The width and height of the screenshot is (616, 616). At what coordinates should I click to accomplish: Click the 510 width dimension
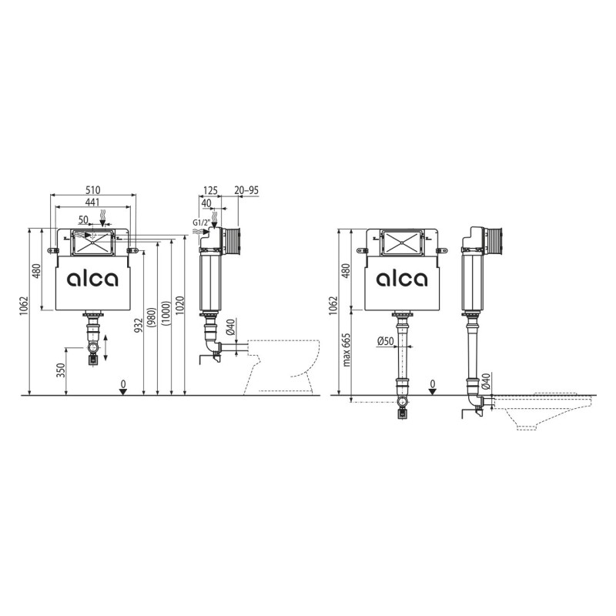click(93, 190)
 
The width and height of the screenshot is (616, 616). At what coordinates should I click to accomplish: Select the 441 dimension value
click(92, 202)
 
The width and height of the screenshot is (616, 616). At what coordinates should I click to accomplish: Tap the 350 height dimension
click(61, 370)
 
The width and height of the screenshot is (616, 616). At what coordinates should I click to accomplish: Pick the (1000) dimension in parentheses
click(166, 314)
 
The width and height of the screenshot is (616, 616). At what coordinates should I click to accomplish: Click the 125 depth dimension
click(210, 190)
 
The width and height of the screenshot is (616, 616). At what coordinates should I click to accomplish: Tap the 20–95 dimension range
click(246, 190)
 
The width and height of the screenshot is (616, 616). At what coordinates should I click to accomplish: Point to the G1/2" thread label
click(201, 223)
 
